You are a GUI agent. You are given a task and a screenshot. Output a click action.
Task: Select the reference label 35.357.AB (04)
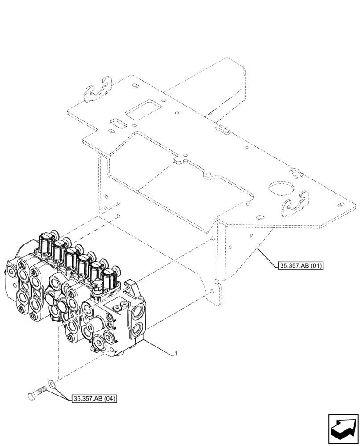pos(93,399)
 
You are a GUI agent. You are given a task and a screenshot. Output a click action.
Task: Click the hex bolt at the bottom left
pos(37,394)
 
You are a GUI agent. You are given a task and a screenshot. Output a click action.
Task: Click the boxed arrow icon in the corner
pos(343,428)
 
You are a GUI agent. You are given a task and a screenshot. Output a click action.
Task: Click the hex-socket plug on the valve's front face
pos(117,308)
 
